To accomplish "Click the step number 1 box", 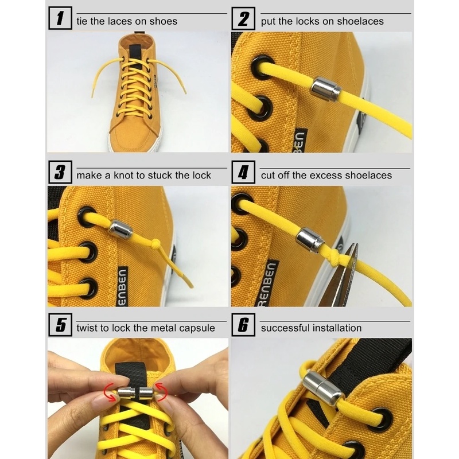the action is [60, 18].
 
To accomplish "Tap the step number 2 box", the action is [243, 18].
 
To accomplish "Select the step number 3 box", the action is [60, 172].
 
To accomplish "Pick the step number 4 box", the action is [243, 172].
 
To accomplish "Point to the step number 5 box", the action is [60, 325].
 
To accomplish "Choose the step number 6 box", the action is [243, 325].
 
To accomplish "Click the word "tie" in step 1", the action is [82, 21].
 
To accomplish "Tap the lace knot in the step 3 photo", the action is [157, 243].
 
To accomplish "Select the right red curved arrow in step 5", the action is [161, 391].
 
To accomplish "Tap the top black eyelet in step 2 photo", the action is [262, 67].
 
